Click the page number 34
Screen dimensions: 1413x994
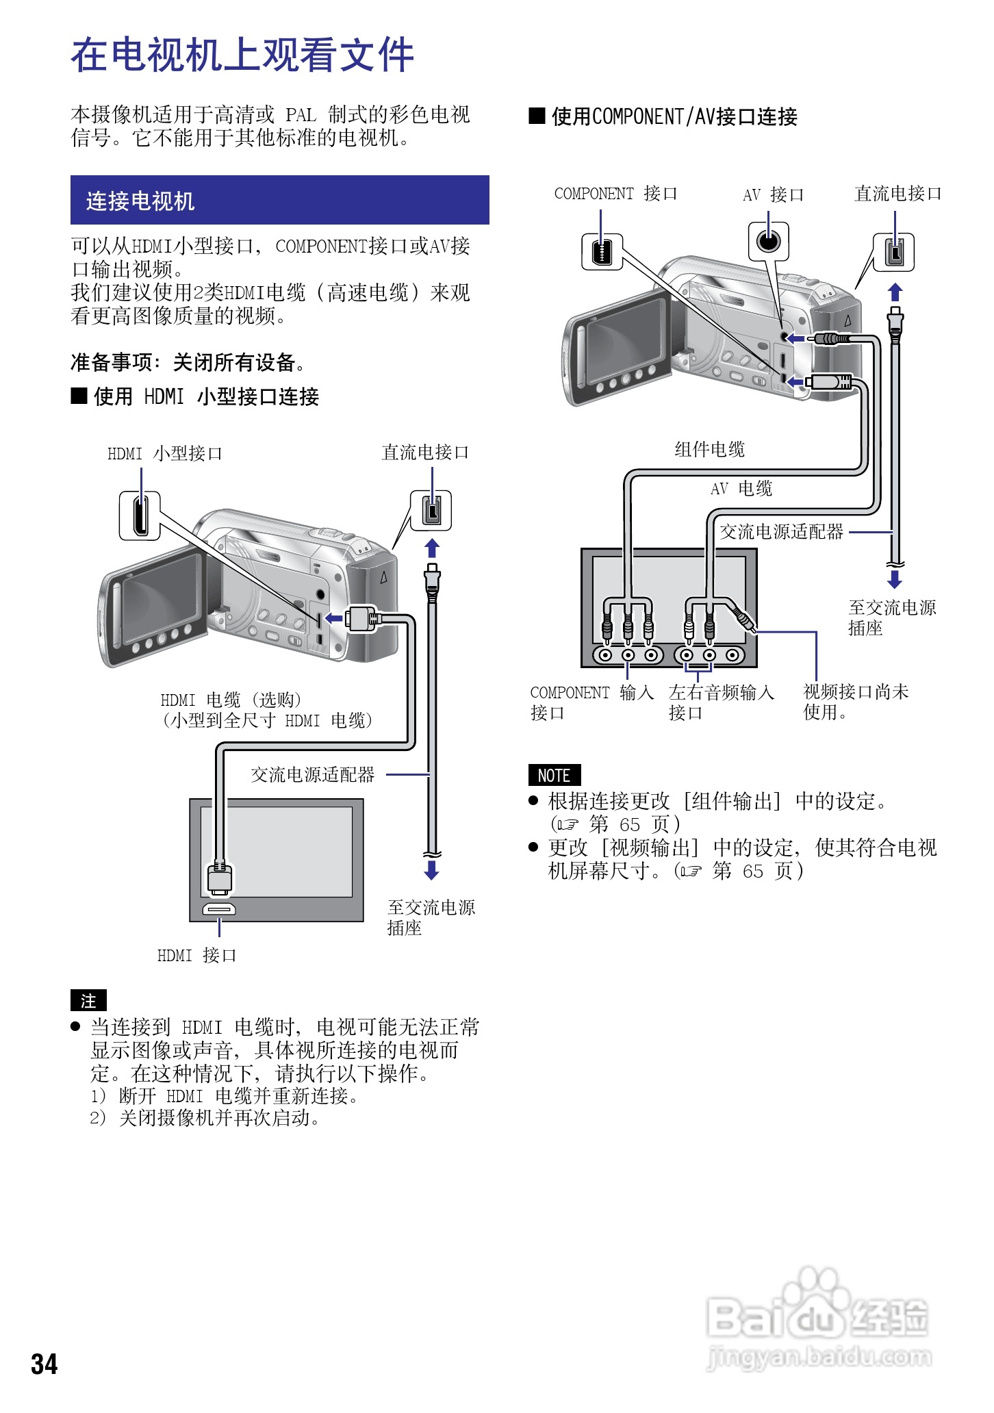pyautogui.click(x=44, y=1364)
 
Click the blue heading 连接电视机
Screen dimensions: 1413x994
pyautogui.click(x=140, y=201)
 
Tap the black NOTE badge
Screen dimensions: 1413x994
pyautogui.click(x=554, y=776)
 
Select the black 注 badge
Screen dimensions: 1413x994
pyautogui.click(x=88, y=1001)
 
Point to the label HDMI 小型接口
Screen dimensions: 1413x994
pyautogui.click(x=164, y=453)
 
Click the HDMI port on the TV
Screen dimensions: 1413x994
pyautogui.click(x=219, y=910)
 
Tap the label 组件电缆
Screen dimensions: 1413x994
pyautogui.click(x=709, y=449)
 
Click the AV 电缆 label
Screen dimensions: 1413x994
pyautogui.click(x=741, y=488)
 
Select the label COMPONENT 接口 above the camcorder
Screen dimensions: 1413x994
pyautogui.click(x=615, y=194)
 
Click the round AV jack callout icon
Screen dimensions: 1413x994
pyautogui.click(x=768, y=241)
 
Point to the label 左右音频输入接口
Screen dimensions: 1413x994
pyautogui.click(x=720, y=702)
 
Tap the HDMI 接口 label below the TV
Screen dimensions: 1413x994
pyautogui.click(x=196, y=955)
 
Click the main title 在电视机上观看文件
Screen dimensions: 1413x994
pyautogui.click(x=242, y=55)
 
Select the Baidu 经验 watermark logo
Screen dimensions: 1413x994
pyautogui.click(x=817, y=1321)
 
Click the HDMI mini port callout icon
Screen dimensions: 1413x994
pyautogui.click(x=140, y=515)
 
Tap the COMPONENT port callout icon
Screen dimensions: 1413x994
pyautogui.click(x=602, y=251)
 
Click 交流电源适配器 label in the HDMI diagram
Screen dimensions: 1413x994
pyautogui.click(x=313, y=774)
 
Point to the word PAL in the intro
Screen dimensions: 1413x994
pyautogui.click(x=301, y=114)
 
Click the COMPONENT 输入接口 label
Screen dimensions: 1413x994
pyautogui.click(x=591, y=702)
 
